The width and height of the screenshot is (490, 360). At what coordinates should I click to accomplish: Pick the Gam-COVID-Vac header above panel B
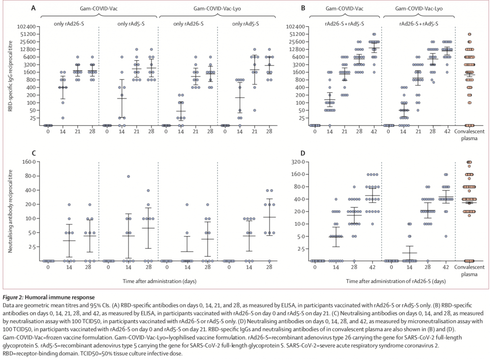(343, 8)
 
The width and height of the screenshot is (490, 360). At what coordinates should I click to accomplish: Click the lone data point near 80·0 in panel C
(128, 176)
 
